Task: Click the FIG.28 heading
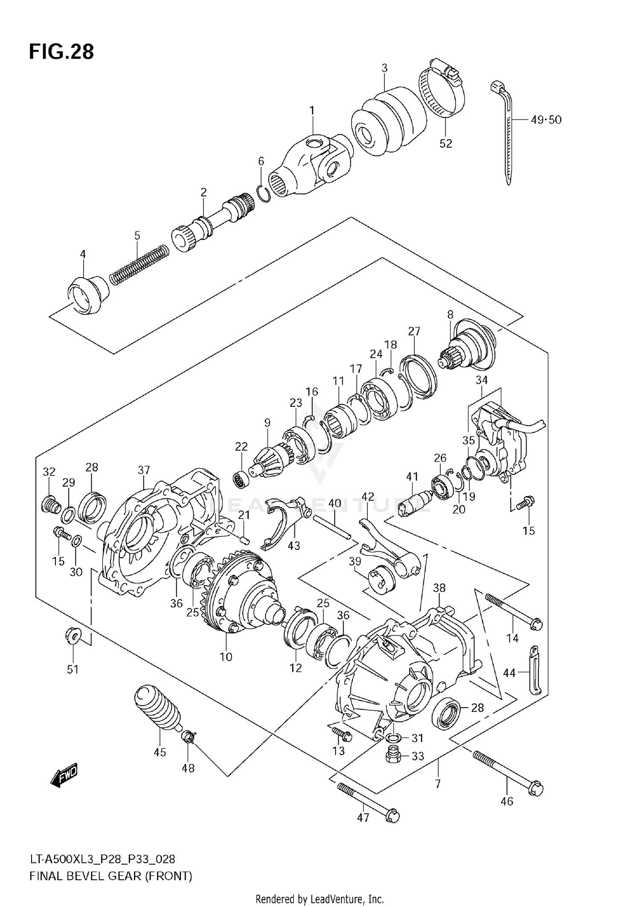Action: [61, 52]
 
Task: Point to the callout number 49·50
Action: [546, 120]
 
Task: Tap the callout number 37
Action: [144, 470]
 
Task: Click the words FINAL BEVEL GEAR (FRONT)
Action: [111, 876]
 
